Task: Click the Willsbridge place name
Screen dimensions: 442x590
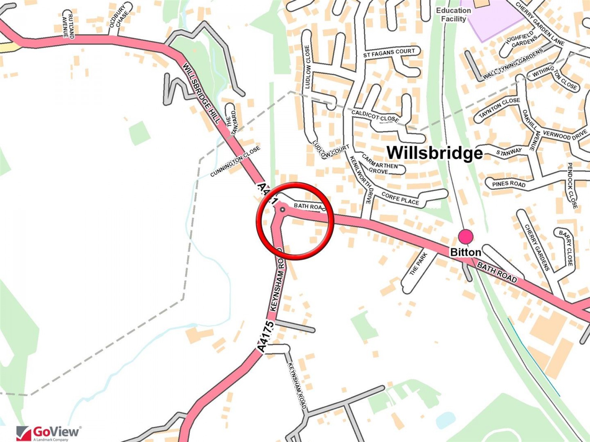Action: point(435,153)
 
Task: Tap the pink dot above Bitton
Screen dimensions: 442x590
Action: point(465,236)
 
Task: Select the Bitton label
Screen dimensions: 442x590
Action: point(465,252)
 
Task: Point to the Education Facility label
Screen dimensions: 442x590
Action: point(453,15)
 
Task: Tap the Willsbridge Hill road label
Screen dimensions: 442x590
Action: point(201,93)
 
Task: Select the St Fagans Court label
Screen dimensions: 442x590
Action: point(389,53)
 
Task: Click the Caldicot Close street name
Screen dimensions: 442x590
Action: point(375,116)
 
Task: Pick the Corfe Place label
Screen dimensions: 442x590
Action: point(400,199)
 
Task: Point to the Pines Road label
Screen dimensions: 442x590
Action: point(509,184)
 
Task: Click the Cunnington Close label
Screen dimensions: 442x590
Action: point(235,161)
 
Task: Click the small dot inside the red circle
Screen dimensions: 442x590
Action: point(282,209)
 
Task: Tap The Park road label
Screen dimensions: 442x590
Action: point(419,264)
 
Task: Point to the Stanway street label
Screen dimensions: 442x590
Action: point(509,152)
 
